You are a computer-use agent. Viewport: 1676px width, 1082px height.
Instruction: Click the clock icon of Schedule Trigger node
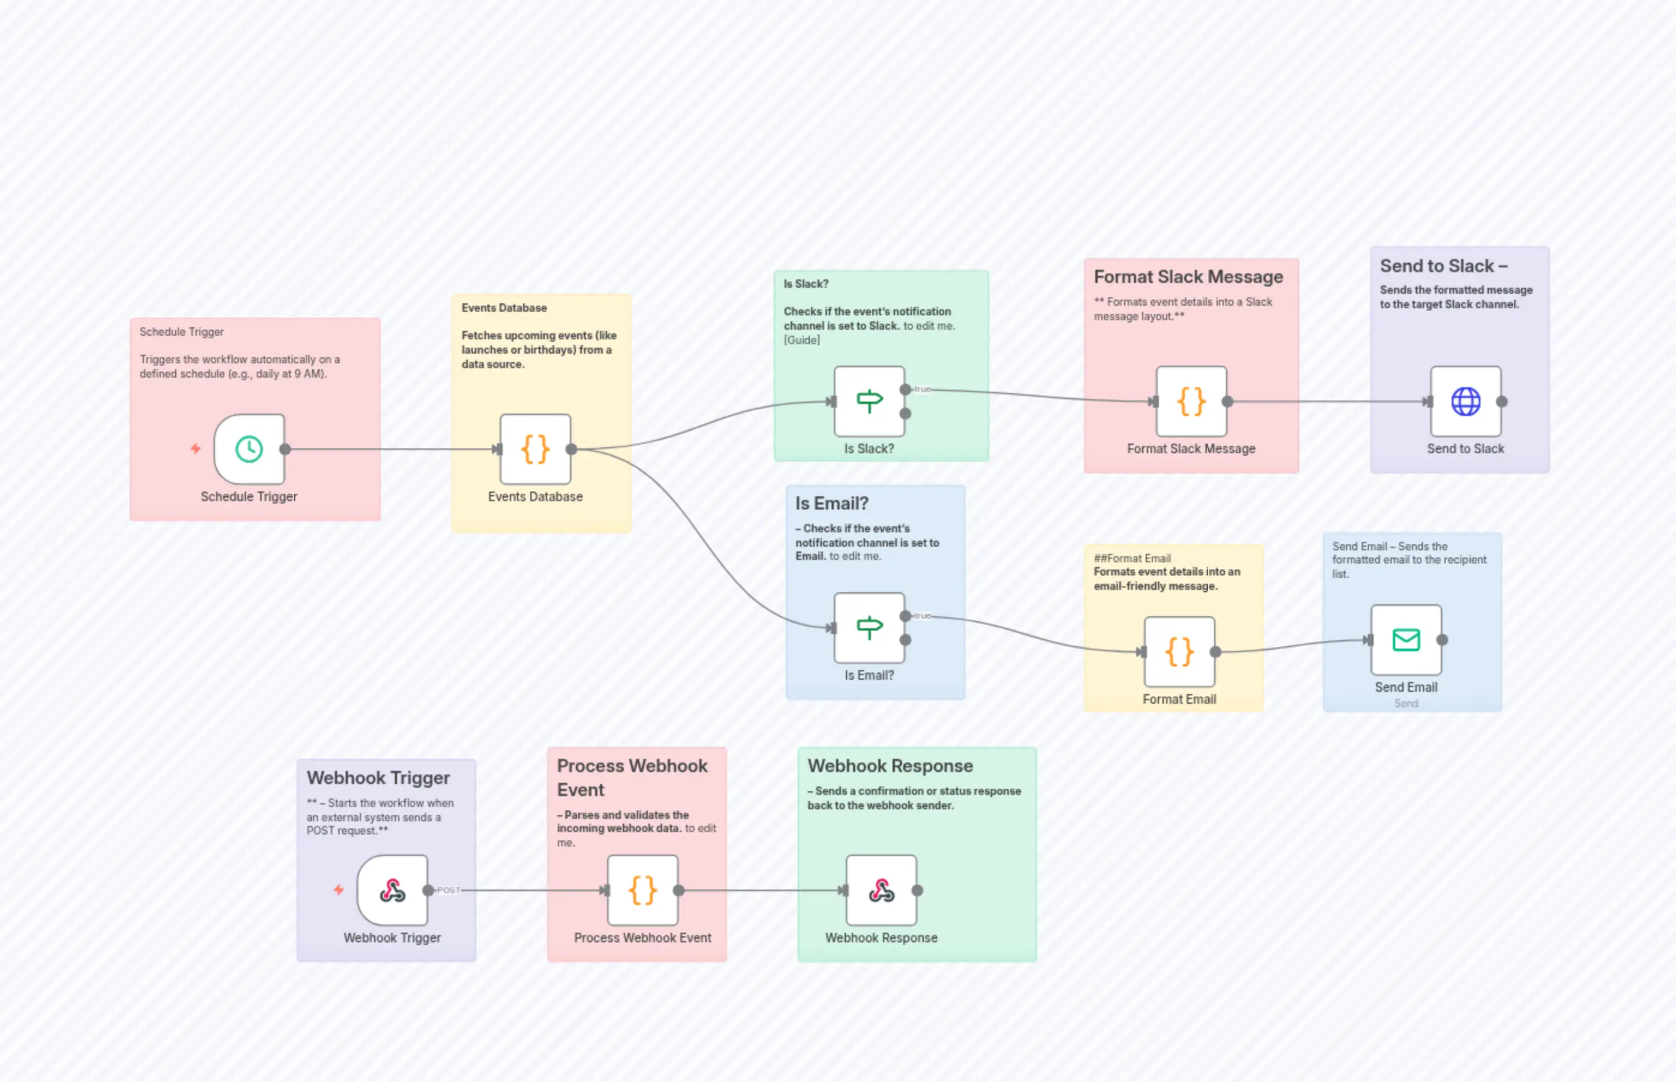point(249,449)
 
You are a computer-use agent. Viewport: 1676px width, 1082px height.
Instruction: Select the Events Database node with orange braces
point(535,449)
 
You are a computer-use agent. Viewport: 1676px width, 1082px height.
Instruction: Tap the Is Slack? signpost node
point(869,401)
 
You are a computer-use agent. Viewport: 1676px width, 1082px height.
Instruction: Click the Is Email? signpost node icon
point(869,628)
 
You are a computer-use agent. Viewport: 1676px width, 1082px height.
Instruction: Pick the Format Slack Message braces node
point(1191,401)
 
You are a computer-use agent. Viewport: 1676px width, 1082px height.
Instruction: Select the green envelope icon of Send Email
point(1405,640)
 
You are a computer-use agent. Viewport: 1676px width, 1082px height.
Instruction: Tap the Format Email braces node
point(1179,652)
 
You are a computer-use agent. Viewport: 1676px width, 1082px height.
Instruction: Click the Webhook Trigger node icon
point(392,890)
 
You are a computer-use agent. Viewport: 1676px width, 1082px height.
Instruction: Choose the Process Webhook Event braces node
point(642,890)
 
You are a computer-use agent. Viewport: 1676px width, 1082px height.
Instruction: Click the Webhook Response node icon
point(881,890)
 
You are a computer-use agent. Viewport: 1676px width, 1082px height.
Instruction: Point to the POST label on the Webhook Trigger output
point(449,890)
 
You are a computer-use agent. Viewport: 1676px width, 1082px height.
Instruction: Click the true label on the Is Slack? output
point(923,388)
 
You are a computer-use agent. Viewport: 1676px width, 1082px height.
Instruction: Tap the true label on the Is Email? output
point(923,616)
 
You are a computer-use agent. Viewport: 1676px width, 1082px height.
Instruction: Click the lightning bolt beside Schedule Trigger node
point(196,448)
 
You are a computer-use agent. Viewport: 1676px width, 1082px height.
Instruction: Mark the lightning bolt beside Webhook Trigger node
point(339,890)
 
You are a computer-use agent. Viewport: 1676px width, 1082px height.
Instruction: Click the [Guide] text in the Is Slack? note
point(801,340)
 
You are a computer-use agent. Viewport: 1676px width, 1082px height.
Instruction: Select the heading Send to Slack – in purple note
point(1443,266)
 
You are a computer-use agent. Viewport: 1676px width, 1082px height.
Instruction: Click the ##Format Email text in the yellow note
point(1132,558)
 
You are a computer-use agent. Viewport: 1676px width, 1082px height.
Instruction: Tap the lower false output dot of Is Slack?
point(906,414)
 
